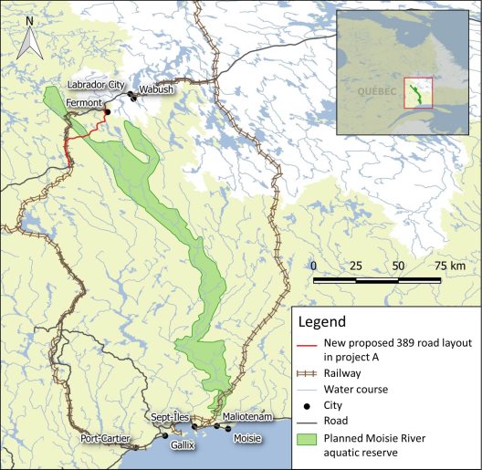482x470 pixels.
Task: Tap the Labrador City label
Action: tap(96, 85)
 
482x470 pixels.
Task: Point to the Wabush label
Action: tap(156, 90)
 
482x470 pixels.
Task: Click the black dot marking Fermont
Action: tap(107, 112)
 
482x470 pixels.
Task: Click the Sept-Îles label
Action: tap(170, 416)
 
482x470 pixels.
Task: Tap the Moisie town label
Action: tap(246, 439)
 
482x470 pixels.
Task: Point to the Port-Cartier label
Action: tap(102, 438)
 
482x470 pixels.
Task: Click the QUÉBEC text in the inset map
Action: tap(374, 91)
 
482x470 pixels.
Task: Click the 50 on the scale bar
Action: tap(398, 265)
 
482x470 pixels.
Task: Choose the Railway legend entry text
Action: tap(341, 373)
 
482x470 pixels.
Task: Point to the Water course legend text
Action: tap(355, 389)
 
